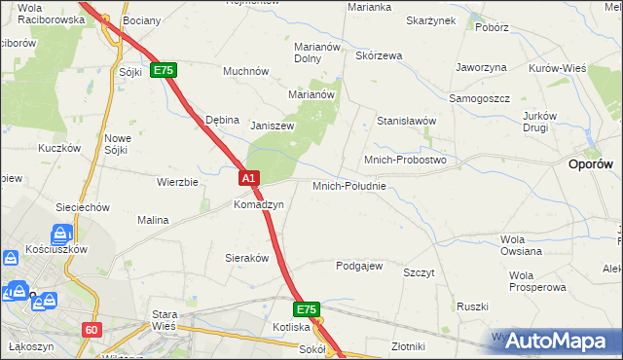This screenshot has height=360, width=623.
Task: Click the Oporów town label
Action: (589, 165)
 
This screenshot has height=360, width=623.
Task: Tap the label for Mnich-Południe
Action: (349, 186)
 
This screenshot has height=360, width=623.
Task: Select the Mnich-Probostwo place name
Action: (404, 159)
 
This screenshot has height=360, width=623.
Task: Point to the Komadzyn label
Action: (258, 205)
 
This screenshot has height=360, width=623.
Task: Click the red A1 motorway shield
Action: (249, 178)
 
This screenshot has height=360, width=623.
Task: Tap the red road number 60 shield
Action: (92, 330)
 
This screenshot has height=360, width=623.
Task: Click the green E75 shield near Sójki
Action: (163, 71)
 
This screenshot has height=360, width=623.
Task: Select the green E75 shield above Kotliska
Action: (307, 309)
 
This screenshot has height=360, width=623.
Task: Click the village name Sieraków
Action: (246, 260)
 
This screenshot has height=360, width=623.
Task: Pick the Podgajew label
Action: (359, 266)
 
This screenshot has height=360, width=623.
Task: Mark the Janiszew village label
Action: (272, 126)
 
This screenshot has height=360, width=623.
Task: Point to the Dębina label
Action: (222, 120)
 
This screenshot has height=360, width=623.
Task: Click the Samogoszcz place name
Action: (479, 99)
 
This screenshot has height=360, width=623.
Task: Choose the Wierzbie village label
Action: (177, 182)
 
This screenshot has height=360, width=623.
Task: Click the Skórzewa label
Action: (379, 55)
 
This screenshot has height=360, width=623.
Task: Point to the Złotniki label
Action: (408, 346)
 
